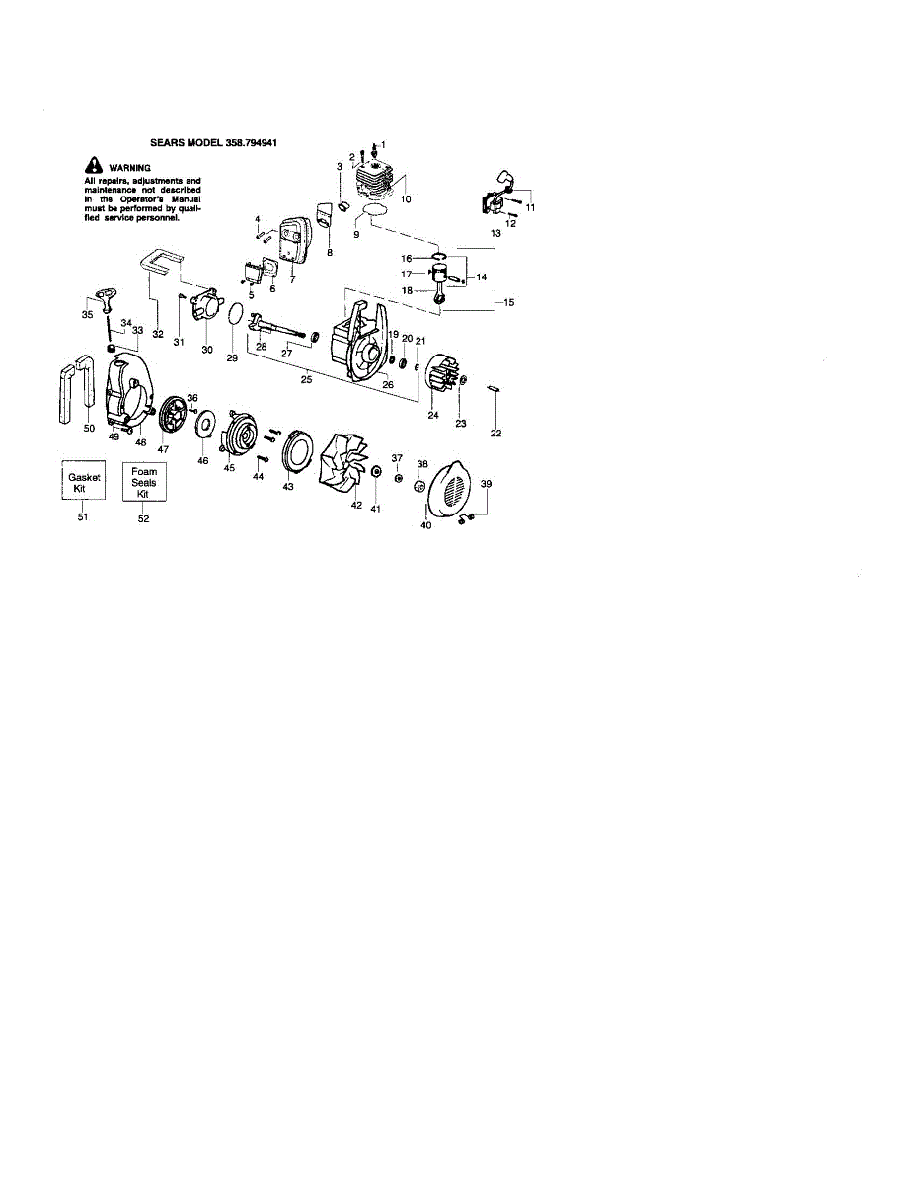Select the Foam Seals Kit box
coord(144,482)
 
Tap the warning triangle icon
coord(93,166)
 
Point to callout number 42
coord(357,505)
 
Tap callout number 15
coord(509,302)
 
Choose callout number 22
coord(496,433)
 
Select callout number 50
coord(89,428)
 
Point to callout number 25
coord(307,378)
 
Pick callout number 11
coord(530,208)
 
